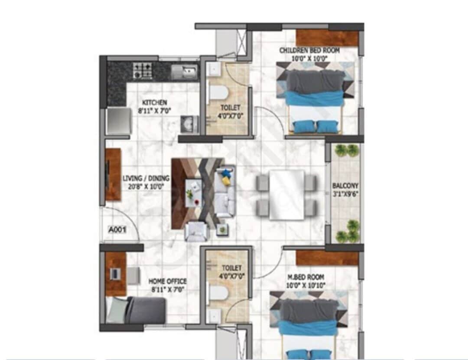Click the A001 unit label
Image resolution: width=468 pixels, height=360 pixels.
[117, 231]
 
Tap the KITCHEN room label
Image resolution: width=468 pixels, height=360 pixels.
[154, 103]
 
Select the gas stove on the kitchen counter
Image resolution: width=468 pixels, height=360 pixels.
[142, 70]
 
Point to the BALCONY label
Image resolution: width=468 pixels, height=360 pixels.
[345, 186]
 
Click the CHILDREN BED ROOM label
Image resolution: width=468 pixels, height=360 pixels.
[309, 51]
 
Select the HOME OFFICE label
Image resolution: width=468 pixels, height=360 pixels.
[168, 281]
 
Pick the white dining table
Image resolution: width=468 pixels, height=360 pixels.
[286, 194]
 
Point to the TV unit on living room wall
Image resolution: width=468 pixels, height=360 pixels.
[113, 174]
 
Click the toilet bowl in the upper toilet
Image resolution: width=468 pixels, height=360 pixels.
[218, 92]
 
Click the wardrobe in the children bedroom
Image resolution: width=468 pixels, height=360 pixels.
[327, 38]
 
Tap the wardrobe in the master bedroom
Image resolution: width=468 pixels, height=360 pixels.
[327, 258]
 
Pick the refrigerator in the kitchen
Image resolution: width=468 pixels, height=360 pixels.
[118, 121]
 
